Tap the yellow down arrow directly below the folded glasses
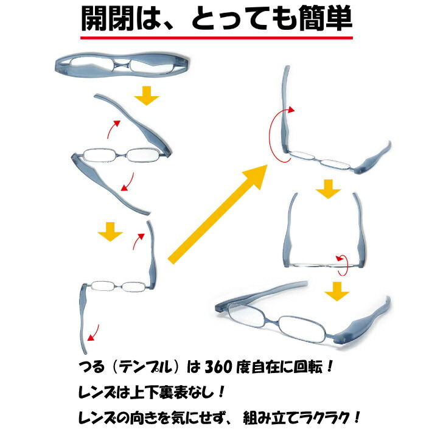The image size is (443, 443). click(146, 95)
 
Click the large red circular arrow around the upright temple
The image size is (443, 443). click(274, 135)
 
